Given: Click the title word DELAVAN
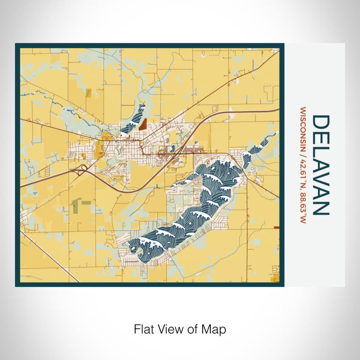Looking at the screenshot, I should click(x=320, y=165).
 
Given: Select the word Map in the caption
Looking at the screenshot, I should click(x=215, y=329).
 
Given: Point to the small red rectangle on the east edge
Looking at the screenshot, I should click(x=277, y=227).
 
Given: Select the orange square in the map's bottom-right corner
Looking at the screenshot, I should click(x=277, y=279).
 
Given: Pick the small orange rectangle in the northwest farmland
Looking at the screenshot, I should click(x=88, y=93).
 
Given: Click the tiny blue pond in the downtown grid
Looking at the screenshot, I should click(x=173, y=149).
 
